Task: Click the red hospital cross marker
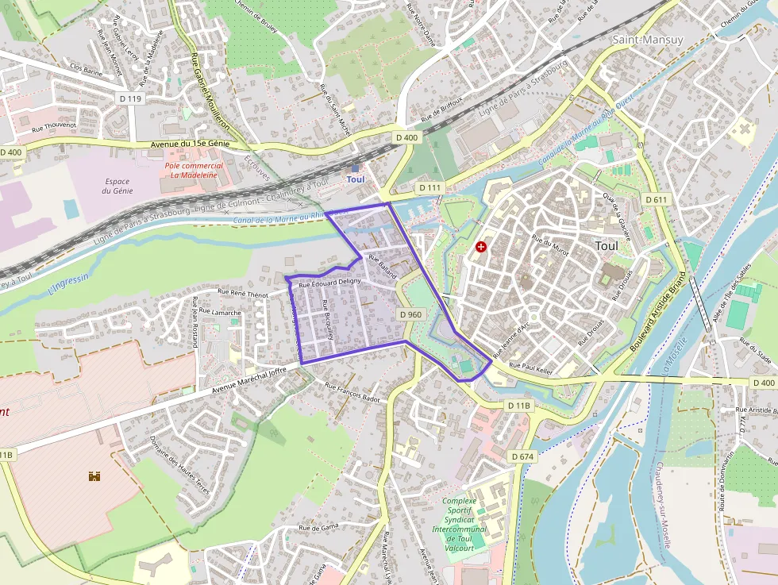tap(480, 247)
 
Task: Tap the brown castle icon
tap(94, 476)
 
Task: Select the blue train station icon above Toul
tap(355, 167)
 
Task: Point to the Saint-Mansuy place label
tap(648, 39)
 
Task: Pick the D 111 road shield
tap(429, 187)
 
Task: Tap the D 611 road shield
tap(656, 199)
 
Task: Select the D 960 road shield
tap(410, 314)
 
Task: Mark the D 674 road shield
tap(523, 456)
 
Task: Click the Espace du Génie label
tap(117, 186)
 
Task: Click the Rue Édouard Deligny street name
tap(329, 282)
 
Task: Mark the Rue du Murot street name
tap(551, 248)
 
